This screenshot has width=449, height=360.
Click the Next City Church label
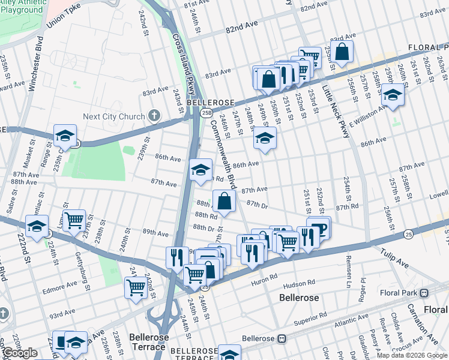[x=114, y=116]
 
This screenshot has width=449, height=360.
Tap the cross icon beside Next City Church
[x=154, y=116]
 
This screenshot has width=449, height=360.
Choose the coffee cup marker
[x=318, y=230]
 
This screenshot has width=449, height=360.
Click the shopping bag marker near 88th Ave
[x=224, y=202]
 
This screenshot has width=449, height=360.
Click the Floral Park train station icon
[x=424, y=293]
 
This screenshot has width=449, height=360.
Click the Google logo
[x=20, y=353]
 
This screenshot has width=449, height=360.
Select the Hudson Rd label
[x=299, y=282]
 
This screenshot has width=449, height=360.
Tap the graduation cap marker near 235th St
[x=65, y=136]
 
